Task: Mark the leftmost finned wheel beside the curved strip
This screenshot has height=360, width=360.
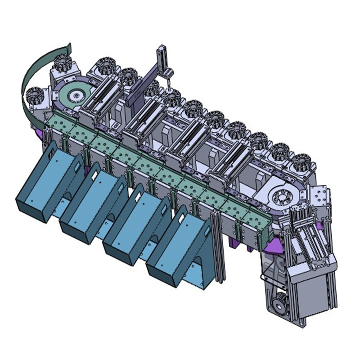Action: (x=35, y=95)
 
